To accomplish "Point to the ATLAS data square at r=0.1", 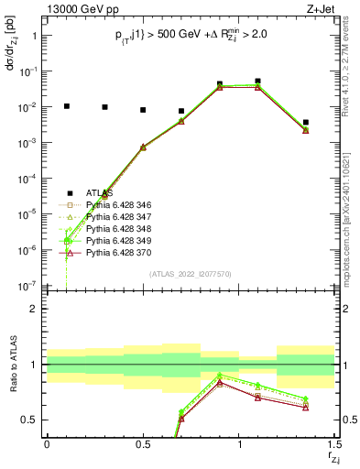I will click(x=66, y=106).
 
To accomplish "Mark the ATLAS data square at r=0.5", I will click(x=143, y=110).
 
